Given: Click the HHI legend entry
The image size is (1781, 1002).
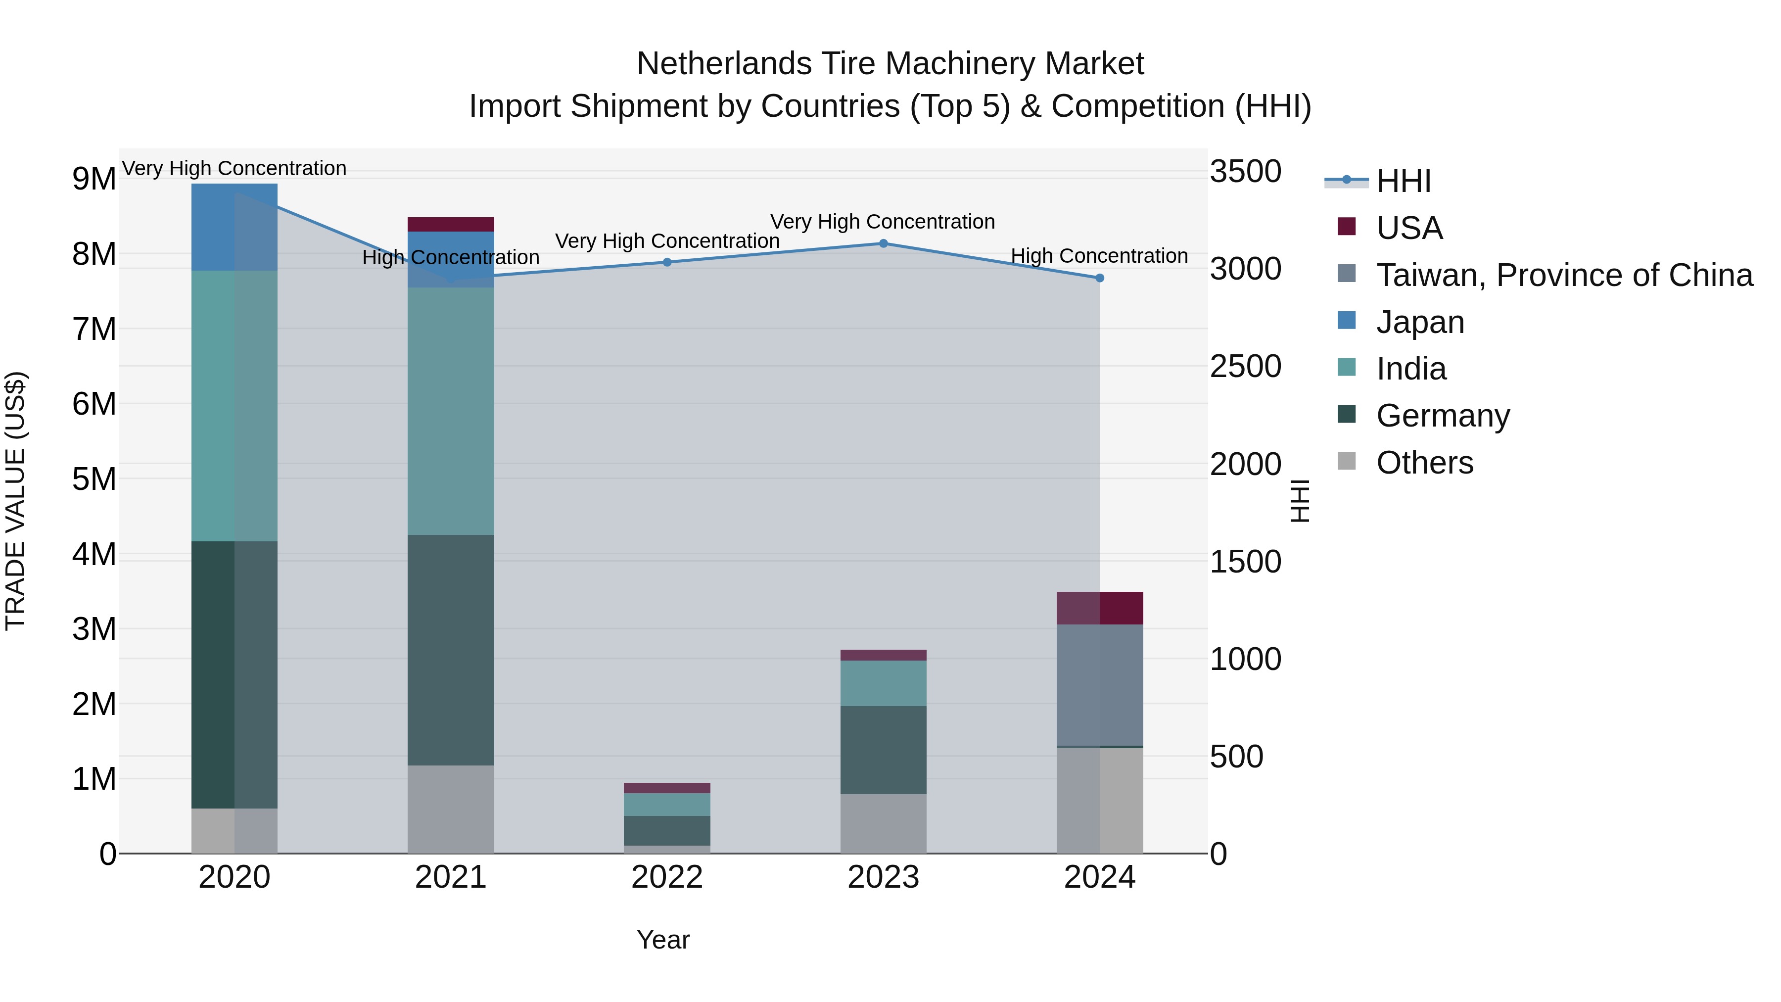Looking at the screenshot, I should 1404,181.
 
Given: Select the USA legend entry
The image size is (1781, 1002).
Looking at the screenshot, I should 1409,228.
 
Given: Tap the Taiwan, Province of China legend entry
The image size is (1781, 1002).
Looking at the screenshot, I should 1564,275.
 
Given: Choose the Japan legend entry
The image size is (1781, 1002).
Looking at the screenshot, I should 1420,322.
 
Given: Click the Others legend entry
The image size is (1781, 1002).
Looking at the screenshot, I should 1424,463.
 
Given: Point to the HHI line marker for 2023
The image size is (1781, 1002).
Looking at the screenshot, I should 884,243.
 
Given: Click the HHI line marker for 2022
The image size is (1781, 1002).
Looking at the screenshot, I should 667,262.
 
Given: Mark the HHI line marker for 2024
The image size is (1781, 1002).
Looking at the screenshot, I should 1100,278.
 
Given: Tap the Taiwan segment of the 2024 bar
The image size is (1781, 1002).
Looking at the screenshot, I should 1100,685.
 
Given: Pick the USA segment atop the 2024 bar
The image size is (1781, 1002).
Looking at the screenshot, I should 1100,608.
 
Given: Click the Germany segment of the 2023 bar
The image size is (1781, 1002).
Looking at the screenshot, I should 884,750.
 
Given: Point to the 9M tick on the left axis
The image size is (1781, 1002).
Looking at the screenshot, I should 94,179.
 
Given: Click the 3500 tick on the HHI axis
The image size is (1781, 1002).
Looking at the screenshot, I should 1245,172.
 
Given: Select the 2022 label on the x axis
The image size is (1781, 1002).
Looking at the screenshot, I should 667,877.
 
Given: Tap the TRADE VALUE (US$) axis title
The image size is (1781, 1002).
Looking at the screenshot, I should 15,501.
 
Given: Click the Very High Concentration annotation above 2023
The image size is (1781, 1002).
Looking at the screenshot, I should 883,222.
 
